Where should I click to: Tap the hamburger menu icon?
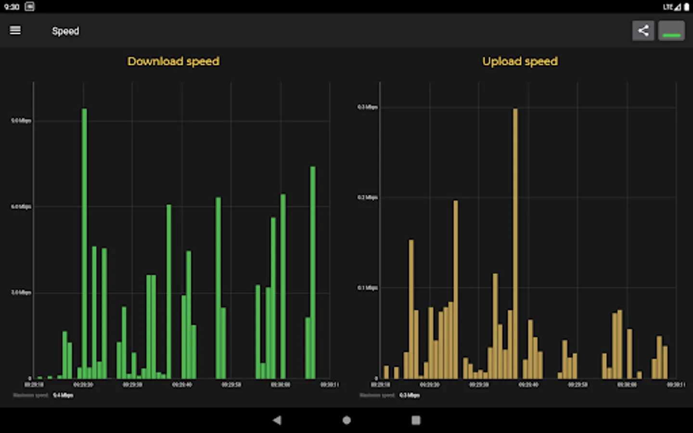click(x=15, y=30)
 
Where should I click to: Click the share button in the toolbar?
click(x=643, y=31)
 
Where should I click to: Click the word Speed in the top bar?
click(x=65, y=31)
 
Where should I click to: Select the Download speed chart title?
click(x=173, y=61)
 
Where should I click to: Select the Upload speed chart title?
click(x=520, y=61)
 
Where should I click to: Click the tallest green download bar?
click(x=84, y=241)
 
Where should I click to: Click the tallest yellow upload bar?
click(x=515, y=241)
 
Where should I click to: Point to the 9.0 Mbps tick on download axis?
click(x=21, y=121)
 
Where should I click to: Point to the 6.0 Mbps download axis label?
click(x=21, y=207)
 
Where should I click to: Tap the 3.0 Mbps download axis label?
click(x=21, y=293)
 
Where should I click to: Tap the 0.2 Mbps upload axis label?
click(x=367, y=197)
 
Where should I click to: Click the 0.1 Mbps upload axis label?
click(x=367, y=288)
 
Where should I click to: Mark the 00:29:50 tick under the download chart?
click(x=231, y=385)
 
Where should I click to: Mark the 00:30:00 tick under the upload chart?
click(x=627, y=385)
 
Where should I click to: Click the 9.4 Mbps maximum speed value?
click(x=63, y=395)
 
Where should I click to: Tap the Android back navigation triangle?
click(x=277, y=420)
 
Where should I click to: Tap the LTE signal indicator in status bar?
click(x=671, y=7)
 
